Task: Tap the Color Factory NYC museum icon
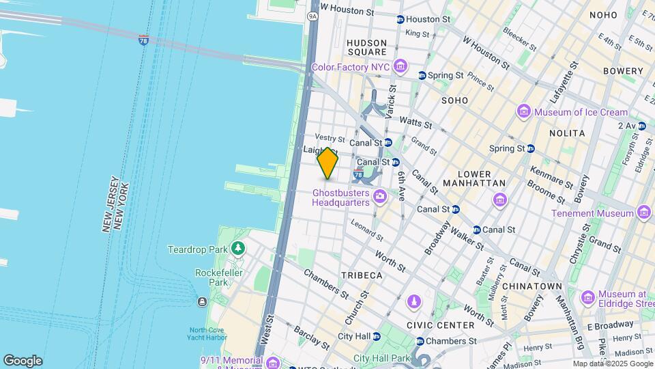tap(400, 67)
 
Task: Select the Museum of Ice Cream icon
tap(524, 111)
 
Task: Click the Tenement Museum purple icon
tap(643, 213)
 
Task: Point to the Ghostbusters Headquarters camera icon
tap(380, 197)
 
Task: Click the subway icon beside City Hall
tap(378, 336)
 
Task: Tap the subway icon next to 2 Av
tap(643, 126)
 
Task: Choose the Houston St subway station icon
tap(400, 19)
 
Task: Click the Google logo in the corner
tap(23, 360)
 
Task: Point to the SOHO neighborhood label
tap(454, 100)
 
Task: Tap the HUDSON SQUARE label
tap(367, 47)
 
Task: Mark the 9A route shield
tap(313, 15)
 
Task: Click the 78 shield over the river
tap(143, 41)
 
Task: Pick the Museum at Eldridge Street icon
tap(587, 298)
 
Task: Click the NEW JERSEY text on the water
tap(107, 205)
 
